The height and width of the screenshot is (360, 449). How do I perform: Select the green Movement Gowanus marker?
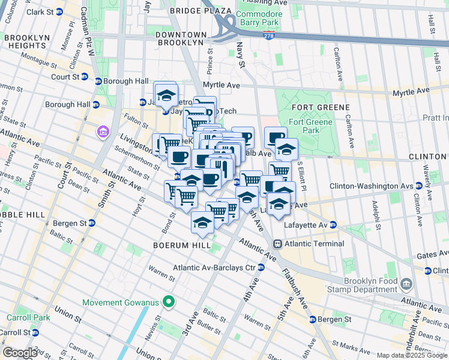(x=170, y=302)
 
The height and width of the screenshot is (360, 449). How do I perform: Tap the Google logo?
(x=20, y=353)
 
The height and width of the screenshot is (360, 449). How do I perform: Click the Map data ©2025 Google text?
(x=411, y=355)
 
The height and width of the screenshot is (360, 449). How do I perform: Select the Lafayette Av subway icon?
(x=333, y=225)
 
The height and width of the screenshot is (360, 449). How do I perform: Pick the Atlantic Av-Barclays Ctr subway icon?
(x=261, y=268)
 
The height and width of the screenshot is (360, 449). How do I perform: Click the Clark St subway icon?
(x=59, y=12)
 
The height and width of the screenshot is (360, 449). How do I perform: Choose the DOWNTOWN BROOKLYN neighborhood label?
(x=181, y=39)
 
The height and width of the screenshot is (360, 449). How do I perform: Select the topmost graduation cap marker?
(x=166, y=95)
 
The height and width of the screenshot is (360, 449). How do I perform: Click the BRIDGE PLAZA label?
(x=200, y=11)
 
